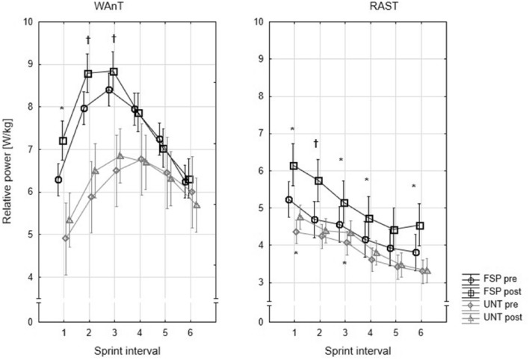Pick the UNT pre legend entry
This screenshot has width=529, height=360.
[500, 305]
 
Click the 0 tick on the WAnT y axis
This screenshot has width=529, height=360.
[31, 322]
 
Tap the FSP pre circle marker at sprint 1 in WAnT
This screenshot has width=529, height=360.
[58, 179]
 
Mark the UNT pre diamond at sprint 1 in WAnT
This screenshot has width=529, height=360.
[66, 238]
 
